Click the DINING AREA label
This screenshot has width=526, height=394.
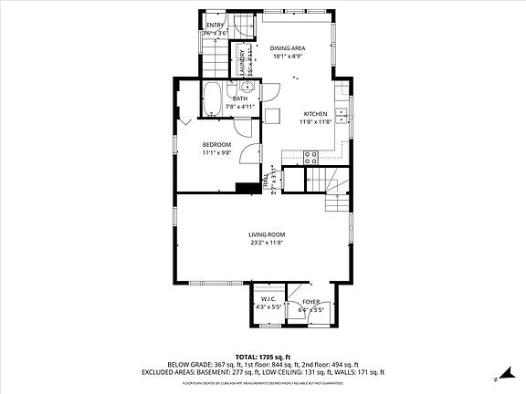[x=288, y=47]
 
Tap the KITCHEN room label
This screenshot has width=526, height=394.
[x=315, y=114]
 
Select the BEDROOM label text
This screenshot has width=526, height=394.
[x=216, y=144]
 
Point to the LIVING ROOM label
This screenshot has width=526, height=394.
[x=267, y=234]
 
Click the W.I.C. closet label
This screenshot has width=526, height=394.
[x=268, y=299]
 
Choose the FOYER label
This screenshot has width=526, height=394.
[x=311, y=300]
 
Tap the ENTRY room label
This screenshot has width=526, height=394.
[x=215, y=25]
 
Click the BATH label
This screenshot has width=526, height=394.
[x=241, y=98]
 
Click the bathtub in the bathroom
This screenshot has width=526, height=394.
[x=210, y=98]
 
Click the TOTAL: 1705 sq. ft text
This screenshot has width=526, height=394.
[x=263, y=357]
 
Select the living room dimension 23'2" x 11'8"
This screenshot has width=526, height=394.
[x=267, y=243]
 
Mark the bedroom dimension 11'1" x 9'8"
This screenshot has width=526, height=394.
[x=216, y=152]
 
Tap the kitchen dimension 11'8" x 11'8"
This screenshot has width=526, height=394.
[x=315, y=122]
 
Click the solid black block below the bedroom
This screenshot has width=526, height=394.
[x=245, y=188]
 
